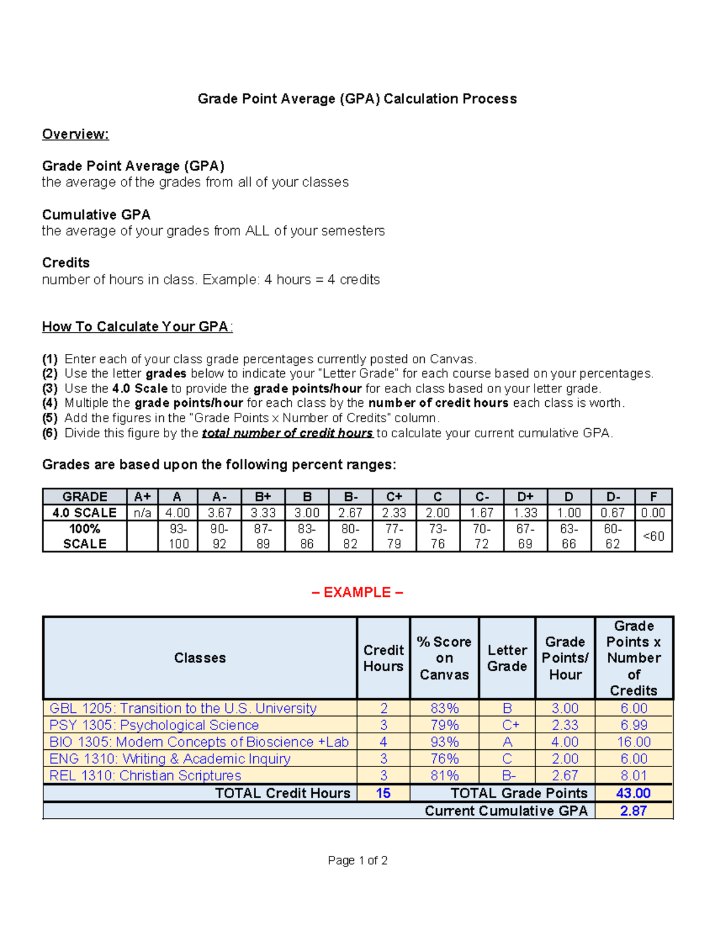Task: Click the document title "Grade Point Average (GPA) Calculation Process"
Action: (x=357, y=99)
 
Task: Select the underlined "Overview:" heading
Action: (x=75, y=134)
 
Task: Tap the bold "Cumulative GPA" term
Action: (x=96, y=214)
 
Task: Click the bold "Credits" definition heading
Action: (x=66, y=263)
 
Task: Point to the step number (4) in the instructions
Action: (x=49, y=403)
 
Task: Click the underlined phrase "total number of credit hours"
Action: (x=287, y=433)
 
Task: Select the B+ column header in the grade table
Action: (x=263, y=497)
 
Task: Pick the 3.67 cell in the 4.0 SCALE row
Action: (x=219, y=513)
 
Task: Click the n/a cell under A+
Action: (x=142, y=513)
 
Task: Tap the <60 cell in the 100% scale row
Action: (x=653, y=536)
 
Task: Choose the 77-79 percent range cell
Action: (x=394, y=536)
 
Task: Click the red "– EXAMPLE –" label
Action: (x=357, y=592)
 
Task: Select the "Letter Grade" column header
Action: (x=507, y=658)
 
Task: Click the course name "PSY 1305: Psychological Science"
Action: (x=154, y=725)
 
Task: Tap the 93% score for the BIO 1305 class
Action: (x=444, y=742)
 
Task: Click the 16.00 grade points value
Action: (x=633, y=742)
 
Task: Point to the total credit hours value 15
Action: (x=383, y=793)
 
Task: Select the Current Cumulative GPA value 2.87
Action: (x=633, y=811)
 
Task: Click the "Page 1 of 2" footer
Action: (x=357, y=860)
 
